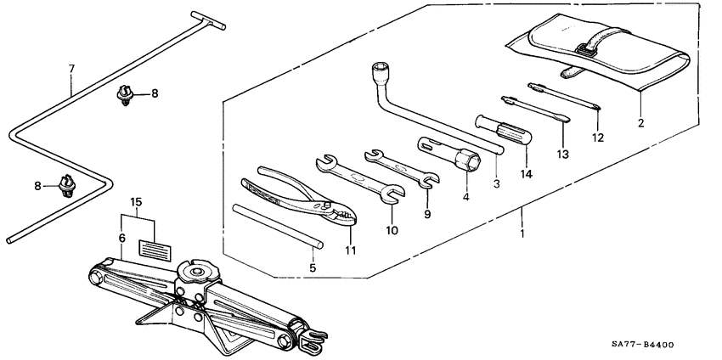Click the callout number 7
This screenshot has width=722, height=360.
coord(71,67)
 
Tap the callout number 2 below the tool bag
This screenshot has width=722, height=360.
coord(640,123)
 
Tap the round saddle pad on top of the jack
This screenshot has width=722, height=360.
coord(198,272)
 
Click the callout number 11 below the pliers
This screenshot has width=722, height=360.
coord(350,250)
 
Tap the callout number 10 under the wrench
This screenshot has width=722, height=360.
coord(392,229)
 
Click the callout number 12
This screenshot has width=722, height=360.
coord(598,137)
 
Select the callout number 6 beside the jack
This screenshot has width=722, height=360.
coord(122,239)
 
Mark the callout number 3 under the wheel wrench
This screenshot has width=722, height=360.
coord(496,183)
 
